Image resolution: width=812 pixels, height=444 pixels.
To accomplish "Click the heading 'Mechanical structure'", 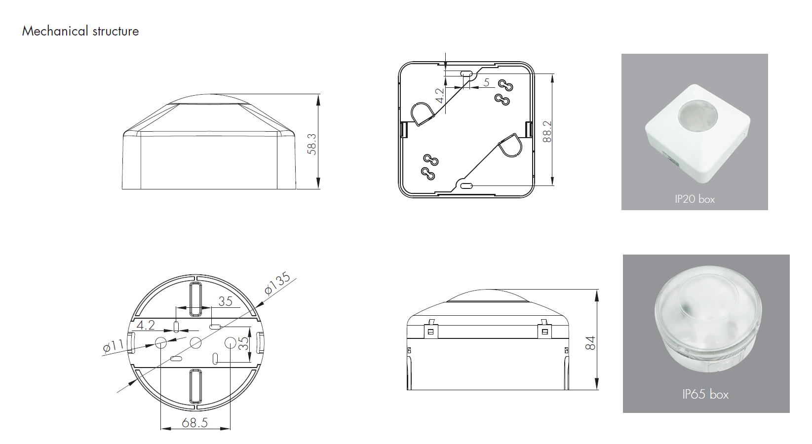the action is tap(80, 31).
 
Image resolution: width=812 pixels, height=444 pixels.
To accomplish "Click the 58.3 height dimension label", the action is tap(312, 144).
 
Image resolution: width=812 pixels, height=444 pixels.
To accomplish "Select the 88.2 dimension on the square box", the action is tap(547, 131).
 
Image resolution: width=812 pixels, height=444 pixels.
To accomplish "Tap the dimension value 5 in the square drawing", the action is tap(487, 82).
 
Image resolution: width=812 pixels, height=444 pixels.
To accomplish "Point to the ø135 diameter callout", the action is tap(277, 283).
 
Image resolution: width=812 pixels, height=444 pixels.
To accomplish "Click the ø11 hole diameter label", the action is tap(114, 346).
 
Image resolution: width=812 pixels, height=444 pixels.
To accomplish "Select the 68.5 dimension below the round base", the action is tap(194, 423).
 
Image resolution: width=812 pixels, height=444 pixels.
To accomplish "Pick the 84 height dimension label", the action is tap(590, 343).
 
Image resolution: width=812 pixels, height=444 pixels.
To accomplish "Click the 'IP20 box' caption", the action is tap(695, 199).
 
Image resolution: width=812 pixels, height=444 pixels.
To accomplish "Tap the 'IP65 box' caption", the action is tap(705, 394).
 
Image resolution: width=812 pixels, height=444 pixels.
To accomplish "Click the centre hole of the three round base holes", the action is tap(196, 342).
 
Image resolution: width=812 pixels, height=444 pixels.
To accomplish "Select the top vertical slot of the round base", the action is tap(196, 299).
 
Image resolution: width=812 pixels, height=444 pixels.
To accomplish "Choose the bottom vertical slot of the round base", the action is tap(196, 386).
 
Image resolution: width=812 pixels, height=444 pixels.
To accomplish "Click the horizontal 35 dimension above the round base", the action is tap(225, 301).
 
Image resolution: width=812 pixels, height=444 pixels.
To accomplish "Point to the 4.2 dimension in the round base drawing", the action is tap(146, 325).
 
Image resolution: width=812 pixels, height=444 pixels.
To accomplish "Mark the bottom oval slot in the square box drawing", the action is tap(466, 186).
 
